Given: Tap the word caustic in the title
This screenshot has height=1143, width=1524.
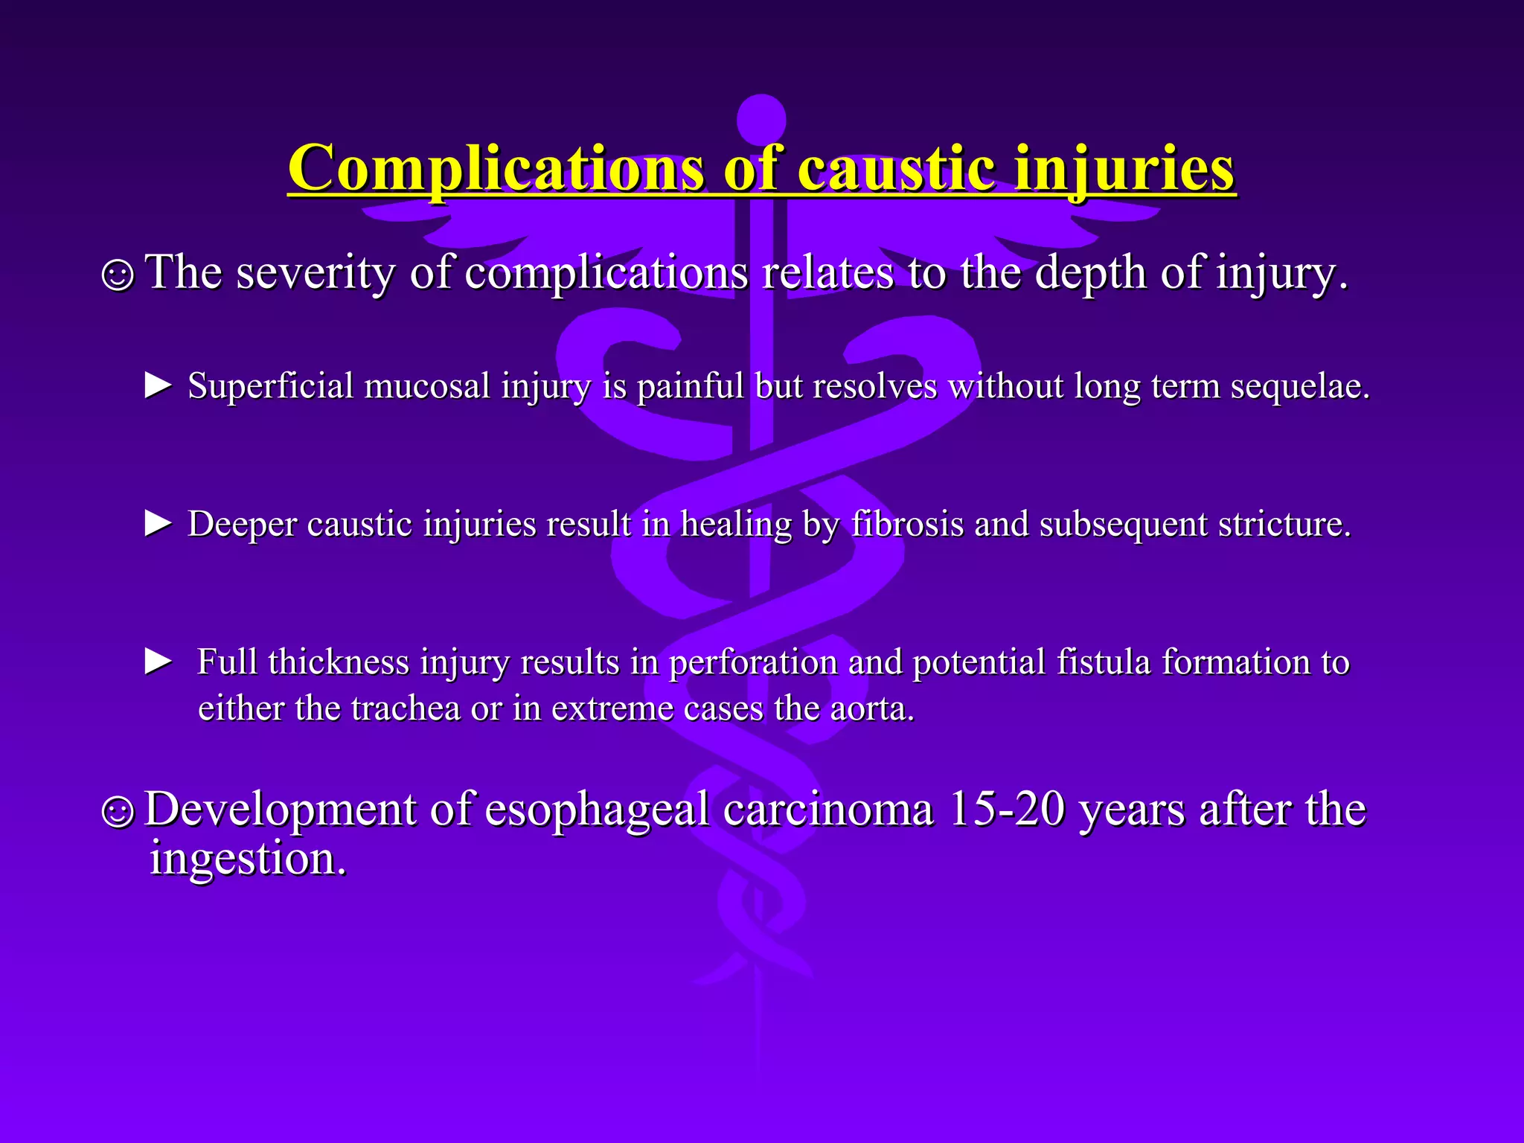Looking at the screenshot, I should (896, 169).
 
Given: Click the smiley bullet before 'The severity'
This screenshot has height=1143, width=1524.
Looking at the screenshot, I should (118, 275).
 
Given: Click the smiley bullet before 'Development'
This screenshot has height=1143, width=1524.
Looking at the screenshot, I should (118, 812).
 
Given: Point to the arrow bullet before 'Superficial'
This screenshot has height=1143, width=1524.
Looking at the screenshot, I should (158, 386).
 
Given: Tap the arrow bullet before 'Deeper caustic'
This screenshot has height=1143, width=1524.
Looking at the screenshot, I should (158, 524).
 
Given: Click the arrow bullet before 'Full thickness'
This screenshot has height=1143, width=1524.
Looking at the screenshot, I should (158, 662).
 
